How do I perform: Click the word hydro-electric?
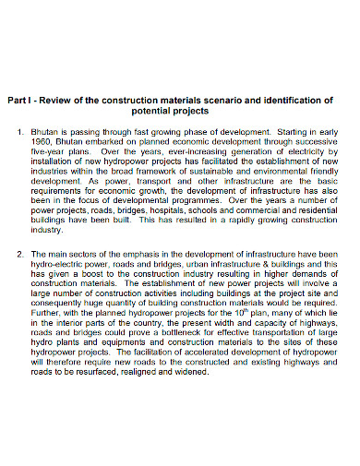tap(58, 265)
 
